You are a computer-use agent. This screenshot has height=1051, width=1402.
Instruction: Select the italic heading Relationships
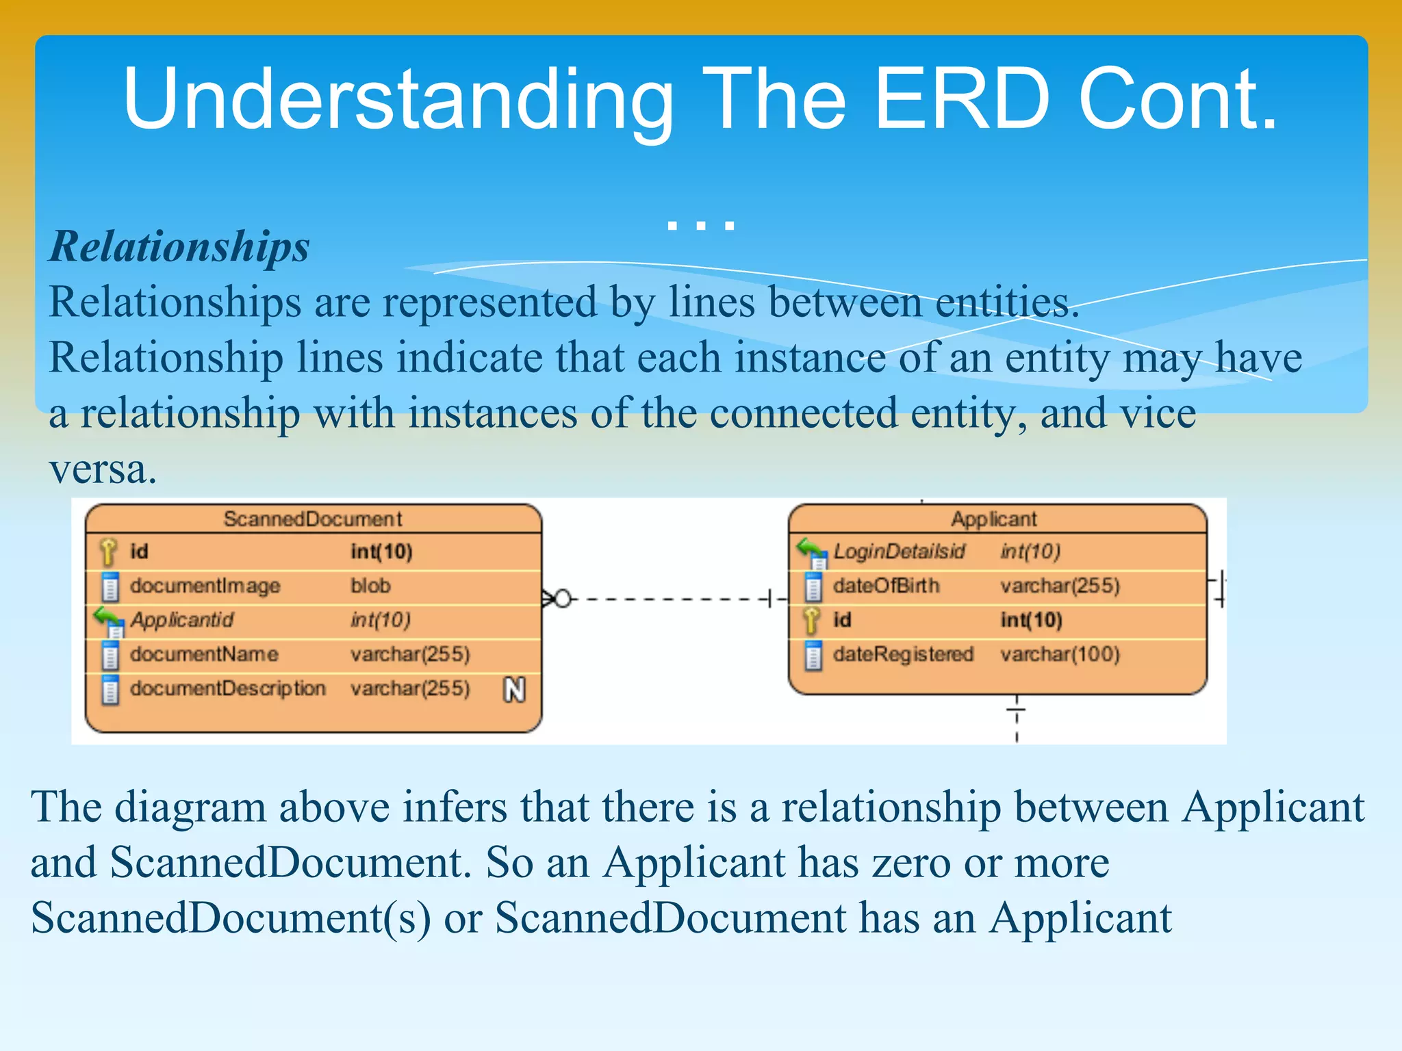click(x=179, y=246)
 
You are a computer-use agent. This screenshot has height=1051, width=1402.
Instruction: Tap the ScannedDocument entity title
click(x=312, y=519)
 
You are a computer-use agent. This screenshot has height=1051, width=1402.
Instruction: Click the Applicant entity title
click(x=993, y=519)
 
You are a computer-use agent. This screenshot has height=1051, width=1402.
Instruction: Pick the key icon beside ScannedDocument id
click(x=108, y=552)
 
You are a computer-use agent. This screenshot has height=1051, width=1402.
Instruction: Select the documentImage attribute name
click(x=205, y=586)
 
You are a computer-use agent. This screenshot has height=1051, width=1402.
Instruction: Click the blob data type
click(x=370, y=586)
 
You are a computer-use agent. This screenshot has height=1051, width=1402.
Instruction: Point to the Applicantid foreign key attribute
click(x=181, y=620)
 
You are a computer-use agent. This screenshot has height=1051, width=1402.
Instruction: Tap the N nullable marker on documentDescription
click(x=514, y=689)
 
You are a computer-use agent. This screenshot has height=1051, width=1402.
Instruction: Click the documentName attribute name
click(x=204, y=654)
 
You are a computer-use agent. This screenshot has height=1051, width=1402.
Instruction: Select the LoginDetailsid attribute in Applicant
click(x=898, y=552)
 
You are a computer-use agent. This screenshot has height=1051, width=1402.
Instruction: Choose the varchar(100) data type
click(x=1060, y=654)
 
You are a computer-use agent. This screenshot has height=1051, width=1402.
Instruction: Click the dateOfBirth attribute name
click(x=886, y=586)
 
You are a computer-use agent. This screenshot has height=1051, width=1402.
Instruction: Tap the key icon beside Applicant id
click(x=812, y=620)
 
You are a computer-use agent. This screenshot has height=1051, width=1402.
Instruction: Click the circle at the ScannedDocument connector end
click(x=562, y=599)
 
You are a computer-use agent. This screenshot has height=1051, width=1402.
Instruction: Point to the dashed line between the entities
click(x=667, y=599)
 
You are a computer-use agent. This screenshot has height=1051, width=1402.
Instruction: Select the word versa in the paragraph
click(x=103, y=469)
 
